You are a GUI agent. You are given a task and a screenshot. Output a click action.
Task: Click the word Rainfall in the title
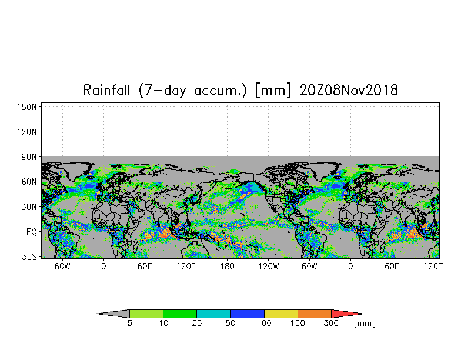tap(106, 90)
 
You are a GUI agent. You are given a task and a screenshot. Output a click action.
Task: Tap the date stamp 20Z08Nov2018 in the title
tap(349, 90)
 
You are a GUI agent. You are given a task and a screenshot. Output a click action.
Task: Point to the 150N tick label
tap(26, 107)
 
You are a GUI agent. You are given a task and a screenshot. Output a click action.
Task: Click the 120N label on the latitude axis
tap(26, 132)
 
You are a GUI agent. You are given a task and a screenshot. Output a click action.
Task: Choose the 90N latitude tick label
tap(29, 157)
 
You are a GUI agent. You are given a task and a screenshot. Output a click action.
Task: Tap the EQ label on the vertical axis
tap(31, 232)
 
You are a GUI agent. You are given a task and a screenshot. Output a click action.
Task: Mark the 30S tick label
tap(29, 256)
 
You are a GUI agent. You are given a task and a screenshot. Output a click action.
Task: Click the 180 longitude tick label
tap(227, 266)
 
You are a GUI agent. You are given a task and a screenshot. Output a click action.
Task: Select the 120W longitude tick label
tap(268, 266)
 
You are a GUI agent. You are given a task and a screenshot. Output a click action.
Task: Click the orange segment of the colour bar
tap(315, 314)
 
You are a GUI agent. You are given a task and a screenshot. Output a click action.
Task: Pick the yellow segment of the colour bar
tap(281, 314)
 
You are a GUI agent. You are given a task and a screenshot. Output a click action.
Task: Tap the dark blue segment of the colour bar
tap(247, 314)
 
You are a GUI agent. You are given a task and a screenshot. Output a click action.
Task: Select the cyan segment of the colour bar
tap(214, 314)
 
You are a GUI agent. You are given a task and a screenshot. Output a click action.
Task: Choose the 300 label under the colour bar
tap(331, 324)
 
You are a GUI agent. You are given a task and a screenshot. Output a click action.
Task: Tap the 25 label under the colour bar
tap(197, 324)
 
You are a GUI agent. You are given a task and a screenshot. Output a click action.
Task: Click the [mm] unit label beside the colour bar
tap(365, 324)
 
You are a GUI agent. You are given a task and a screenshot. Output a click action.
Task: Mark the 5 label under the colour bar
tap(129, 324)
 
